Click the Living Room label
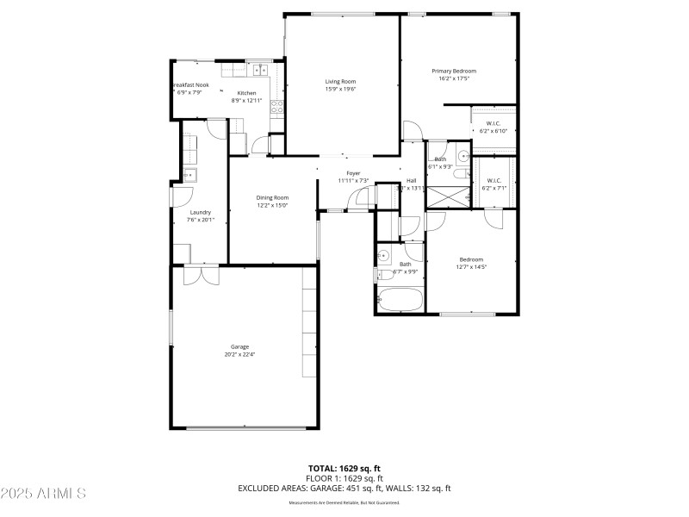pyautogui.click(x=340, y=82)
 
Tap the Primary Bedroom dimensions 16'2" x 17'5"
pyautogui.click(x=453, y=78)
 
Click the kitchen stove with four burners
pyautogui.click(x=277, y=107)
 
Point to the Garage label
pyautogui.click(x=239, y=346)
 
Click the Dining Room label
pyautogui.click(x=271, y=198)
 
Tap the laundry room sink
pyautogui.click(x=189, y=175)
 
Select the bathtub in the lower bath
pyautogui.click(x=400, y=301)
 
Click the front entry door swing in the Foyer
pyautogui.click(x=357, y=200)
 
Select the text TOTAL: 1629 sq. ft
pyautogui.click(x=344, y=469)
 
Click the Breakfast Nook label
pyautogui.click(x=190, y=84)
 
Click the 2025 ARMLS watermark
pyautogui.click(x=43, y=494)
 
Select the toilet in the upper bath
pyautogui.click(x=462, y=157)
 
